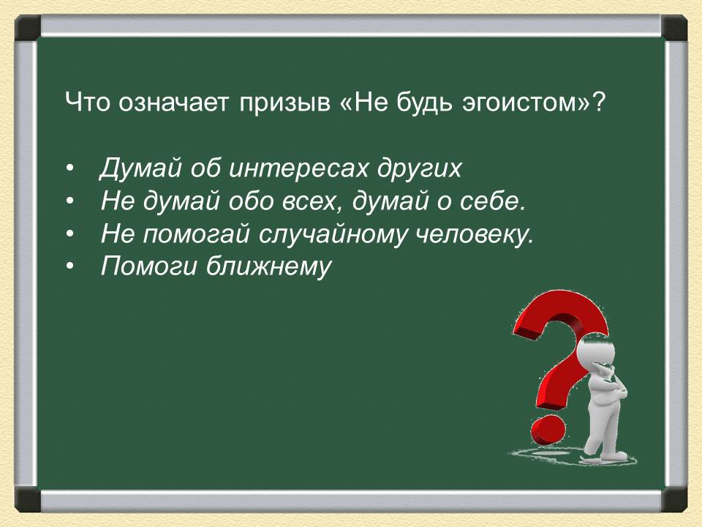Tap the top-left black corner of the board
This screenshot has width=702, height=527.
coord(28,29)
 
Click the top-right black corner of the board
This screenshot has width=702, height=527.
coord(675,29)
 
